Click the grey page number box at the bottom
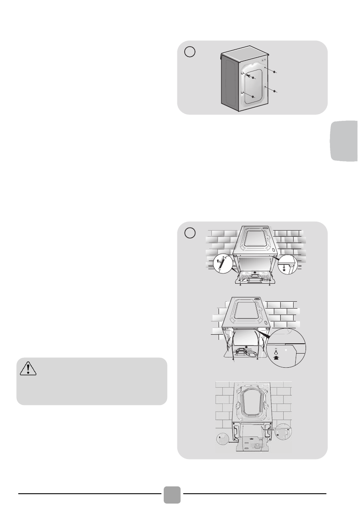coord(172,495)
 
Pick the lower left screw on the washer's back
coord(253,97)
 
